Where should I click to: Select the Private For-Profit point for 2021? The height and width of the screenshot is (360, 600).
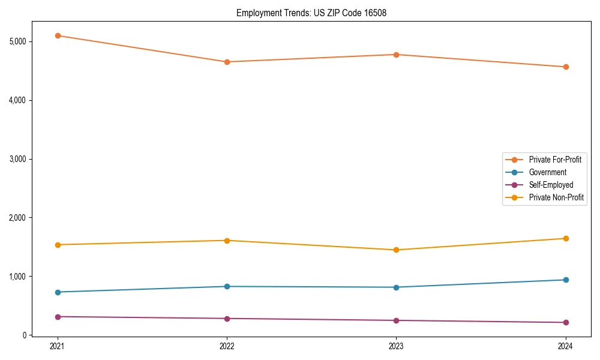(x=58, y=35)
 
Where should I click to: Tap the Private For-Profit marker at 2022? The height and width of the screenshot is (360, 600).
(x=227, y=62)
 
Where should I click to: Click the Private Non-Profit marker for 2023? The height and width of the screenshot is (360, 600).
(x=396, y=250)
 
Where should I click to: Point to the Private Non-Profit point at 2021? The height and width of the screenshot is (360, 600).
(x=58, y=245)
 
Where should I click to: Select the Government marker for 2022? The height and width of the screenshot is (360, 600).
(x=227, y=286)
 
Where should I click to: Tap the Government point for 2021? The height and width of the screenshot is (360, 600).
(x=58, y=292)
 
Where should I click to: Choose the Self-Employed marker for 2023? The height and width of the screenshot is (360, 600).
(x=396, y=320)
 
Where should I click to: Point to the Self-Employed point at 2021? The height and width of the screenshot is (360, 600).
(x=58, y=317)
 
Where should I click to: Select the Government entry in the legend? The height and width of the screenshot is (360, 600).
(x=547, y=172)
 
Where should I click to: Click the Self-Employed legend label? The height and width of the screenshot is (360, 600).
(x=551, y=185)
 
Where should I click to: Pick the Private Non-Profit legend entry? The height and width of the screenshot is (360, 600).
(x=556, y=197)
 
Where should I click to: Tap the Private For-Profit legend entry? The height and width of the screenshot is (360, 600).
(x=555, y=160)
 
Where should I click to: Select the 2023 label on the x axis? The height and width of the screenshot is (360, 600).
(x=396, y=346)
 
